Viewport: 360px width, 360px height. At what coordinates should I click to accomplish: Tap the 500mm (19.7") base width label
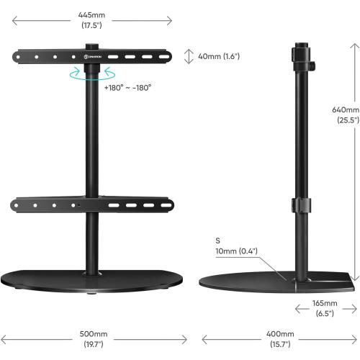coord(94,339)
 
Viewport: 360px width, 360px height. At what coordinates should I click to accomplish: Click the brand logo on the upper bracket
coord(94,55)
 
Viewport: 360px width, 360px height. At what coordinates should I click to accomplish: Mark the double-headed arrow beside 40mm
coord(189,56)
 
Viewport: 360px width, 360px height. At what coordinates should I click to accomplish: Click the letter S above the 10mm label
coord(217,240)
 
